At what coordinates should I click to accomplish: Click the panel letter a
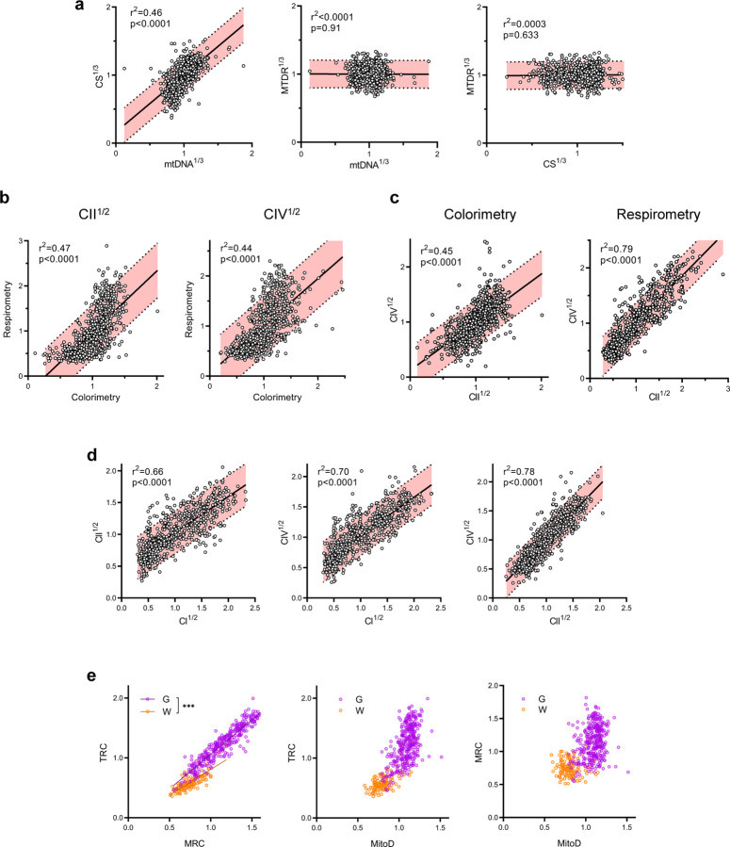point(80,6)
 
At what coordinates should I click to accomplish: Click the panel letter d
point(91,455)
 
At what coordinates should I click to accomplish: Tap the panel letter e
point(91,676)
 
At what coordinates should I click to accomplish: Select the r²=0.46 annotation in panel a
point(146,12)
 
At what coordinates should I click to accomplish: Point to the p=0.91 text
point(326,28)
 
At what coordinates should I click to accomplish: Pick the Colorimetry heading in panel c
point(480,215)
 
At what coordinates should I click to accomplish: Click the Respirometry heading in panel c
point(658,215)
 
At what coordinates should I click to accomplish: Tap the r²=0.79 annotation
point(616,249)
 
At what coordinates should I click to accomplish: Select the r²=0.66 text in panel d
point(147,472)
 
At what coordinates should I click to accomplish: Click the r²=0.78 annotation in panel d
point(519,471)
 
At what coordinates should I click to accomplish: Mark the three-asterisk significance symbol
point(188,706)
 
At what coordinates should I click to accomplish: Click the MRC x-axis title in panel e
point(194,842)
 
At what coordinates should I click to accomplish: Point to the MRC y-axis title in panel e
point(479,752)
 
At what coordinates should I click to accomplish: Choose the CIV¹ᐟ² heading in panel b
point(282,214)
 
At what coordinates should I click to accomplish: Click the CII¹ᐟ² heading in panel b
point(94,214)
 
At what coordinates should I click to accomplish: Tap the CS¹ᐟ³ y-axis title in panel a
point(100,76)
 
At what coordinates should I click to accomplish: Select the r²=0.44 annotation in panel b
point(235,249)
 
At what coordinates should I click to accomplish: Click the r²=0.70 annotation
point(333,471)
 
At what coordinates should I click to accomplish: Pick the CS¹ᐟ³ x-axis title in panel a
point(555,162)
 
